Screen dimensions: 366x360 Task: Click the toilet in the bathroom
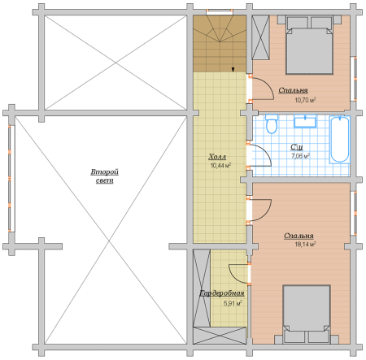pyautogui.click(x=272, y=124)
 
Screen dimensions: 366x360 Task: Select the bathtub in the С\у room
pyautogui.click(x=340, y=140)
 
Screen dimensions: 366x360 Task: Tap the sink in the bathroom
pyautogui.click(x=305, y=121)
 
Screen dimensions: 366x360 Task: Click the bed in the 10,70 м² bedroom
pyautogui.click(x=309, y=45)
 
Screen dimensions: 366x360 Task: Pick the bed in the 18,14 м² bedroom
pyautogui.click(x=307, y=314)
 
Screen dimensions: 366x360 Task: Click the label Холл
pyautogui.click(x=217, y=157)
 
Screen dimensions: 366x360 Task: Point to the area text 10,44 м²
pyautogui.click(x=220, y=166)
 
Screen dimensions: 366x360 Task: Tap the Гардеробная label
pyautogui.click(x=222, y=293)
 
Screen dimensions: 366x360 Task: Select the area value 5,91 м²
pyautogui.click(x=233, y=303)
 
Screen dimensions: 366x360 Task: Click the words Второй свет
pyautogui.click(x=105, y=176)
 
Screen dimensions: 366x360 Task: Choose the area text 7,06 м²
pyautogui.click(x=300, y=156)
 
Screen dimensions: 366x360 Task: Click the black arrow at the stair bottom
pyautogui.click(x=233, y=70)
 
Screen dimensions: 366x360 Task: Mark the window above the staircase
pyautogui.click(x=220, y=12)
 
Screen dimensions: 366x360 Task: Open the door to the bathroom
pyautogui.click(x=259, y=155)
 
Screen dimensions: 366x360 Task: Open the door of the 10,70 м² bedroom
pyautogui.click(x=262, y=89)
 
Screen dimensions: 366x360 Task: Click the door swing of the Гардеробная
pyautogui.click(x=238, y=274)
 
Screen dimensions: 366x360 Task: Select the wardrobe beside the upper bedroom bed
pyautogui.click(x=260, y=37)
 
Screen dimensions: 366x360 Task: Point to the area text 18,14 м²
pyautogui.click(x=305, y=245)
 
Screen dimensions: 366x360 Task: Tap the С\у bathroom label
pyautogui.click(x=297, y=147)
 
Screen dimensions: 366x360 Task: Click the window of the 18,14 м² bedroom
pyautogui.click(x=353, y=214)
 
